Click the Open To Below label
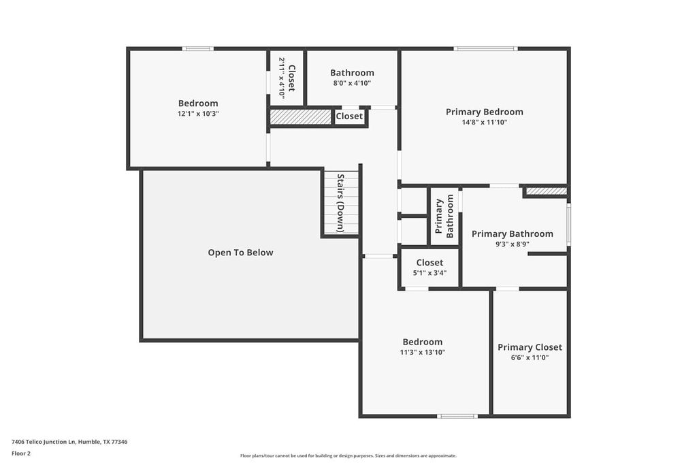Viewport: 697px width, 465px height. tap(240, 253)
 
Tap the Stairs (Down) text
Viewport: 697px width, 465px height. tap(340, 203)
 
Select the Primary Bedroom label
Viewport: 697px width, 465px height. tap(484, 112)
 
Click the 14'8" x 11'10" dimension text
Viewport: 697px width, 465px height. tap(484, 123)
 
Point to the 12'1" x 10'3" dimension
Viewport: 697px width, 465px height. tap(198, 114)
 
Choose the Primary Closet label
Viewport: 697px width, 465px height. tap(530, 347)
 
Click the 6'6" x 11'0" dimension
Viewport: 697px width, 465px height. tap(530, 357)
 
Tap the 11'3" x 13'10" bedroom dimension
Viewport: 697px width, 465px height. tap(422, 353)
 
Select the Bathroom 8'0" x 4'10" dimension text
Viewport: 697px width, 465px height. tap(352, 83)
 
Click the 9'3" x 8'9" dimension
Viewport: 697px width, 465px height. tap(512, 244)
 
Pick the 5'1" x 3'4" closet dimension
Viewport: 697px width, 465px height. tap(429, 272)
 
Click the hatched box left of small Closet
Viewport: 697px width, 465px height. tap(300, 117)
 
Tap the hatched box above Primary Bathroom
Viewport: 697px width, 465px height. tap(546, 191)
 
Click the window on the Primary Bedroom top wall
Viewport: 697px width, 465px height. tap(485, 48)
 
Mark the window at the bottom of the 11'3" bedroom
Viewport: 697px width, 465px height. tap(457, 415)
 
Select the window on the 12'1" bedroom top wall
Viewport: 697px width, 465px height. tap(197, 48)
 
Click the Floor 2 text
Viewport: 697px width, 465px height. tap(21, 453)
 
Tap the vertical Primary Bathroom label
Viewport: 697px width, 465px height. tap(444, 216)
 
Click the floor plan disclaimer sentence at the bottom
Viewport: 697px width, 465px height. tap(348, 455)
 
